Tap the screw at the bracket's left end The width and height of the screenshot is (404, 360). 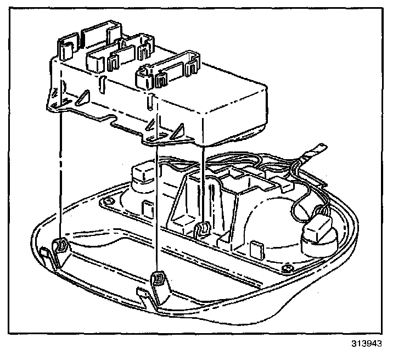click(109, 203)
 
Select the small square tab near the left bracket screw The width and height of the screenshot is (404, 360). click(147, 209)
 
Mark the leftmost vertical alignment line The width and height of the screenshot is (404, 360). click(59, 176)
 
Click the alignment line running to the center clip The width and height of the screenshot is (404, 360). click(204, 181)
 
